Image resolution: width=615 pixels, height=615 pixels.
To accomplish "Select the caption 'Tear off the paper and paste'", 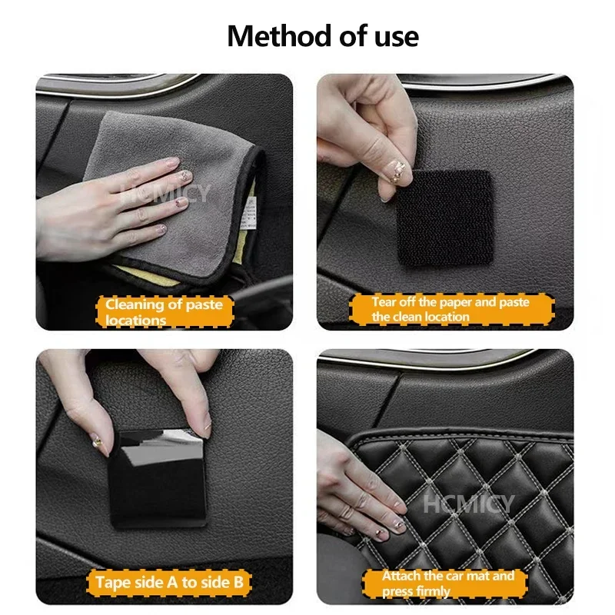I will (x=450, y=302).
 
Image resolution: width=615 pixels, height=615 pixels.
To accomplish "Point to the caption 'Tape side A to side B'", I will (x=169, y=582).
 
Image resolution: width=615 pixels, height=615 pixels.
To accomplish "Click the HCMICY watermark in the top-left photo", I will (x=165, y=193).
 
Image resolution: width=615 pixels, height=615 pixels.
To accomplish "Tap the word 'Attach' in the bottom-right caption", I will (x=401, y=575).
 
